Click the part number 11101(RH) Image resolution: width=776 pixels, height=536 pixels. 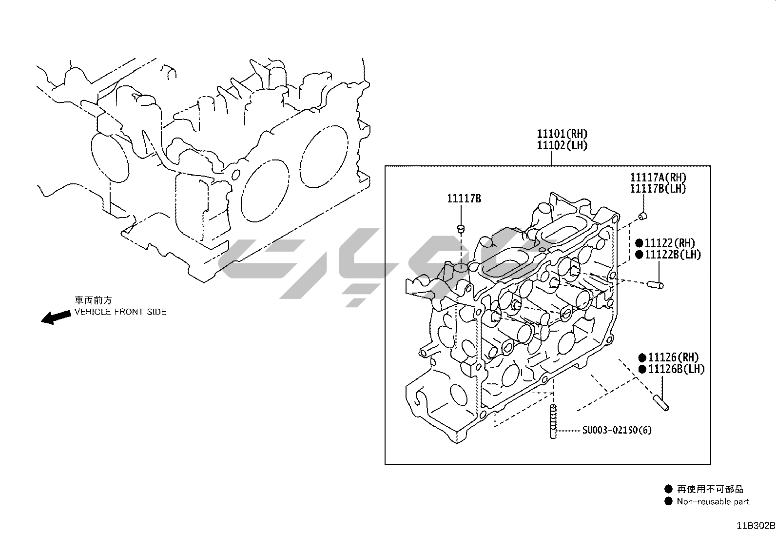562,134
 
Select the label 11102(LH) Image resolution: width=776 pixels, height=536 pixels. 562,145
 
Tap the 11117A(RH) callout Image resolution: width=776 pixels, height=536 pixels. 658,178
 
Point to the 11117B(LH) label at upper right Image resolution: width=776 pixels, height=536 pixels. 658,189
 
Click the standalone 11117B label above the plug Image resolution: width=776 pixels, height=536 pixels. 464,199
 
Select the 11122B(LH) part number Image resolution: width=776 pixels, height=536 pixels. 673,255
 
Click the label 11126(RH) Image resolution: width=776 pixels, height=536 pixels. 673,357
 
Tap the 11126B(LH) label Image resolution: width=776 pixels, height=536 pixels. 676,369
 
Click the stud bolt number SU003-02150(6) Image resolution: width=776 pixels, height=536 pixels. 617,430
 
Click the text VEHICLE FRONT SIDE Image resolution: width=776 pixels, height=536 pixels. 120,312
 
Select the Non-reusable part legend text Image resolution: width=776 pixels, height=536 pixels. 713,501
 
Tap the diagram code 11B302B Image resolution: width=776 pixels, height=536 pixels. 756,526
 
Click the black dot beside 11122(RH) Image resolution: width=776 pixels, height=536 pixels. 639,243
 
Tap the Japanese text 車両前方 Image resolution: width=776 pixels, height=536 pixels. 93,300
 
